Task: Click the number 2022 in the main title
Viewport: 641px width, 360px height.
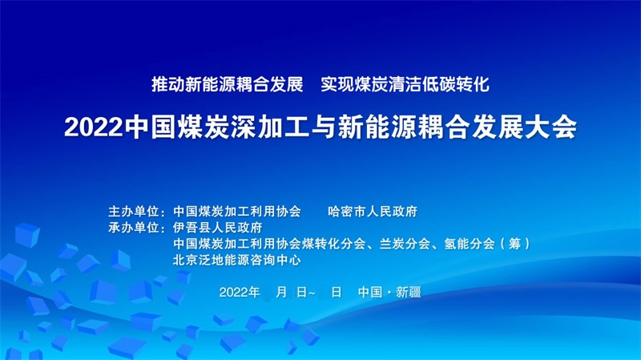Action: click(x=94, y=127)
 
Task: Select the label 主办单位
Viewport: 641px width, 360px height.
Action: click(x=133, y=212)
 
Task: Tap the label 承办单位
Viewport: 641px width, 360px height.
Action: click(x=133, y=228)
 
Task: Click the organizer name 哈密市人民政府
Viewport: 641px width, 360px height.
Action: click(x=373, y=212)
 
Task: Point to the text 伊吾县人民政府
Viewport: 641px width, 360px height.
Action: click(x=217, y=228)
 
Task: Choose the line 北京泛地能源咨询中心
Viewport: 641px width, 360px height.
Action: click(x=236, y=260)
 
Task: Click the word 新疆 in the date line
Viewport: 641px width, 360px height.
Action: click(x=409, y=292)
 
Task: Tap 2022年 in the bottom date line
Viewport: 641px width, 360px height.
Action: click(x=240, y=292)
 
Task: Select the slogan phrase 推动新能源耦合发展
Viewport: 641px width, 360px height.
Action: click(x=228, y=84)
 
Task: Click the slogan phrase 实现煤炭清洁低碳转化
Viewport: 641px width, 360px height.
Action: click(x=405, y=84)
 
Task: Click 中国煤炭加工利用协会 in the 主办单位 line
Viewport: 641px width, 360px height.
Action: click(x=236, y=212)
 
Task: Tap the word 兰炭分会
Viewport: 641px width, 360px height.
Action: click(x=405, y=244)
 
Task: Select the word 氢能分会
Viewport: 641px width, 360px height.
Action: click(x=470, y=244)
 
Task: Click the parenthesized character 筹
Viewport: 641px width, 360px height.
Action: click(x=515, y=244)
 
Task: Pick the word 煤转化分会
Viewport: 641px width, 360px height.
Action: click(x=334, y=244)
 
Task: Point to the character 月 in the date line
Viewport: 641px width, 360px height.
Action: click(x=281, y=292)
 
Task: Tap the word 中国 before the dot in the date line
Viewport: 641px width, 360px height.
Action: click(x=370, y=292)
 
